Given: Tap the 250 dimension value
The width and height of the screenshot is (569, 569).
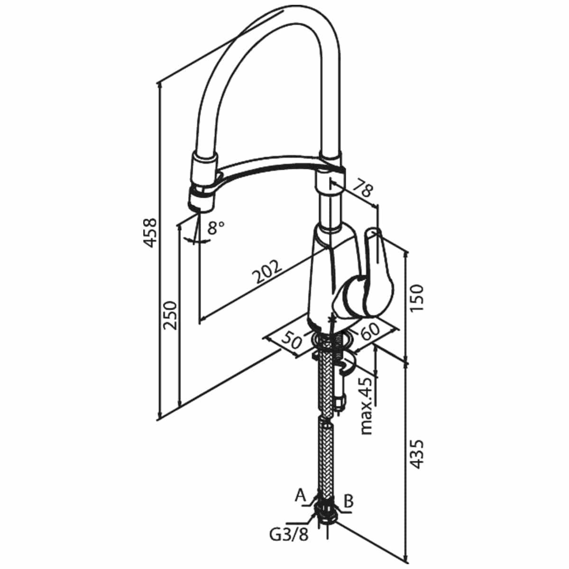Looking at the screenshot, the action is (x=170, y=315).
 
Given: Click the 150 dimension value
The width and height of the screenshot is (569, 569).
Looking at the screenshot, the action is (x=417, y=297).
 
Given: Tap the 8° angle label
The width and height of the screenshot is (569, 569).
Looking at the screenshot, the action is (x=216, y=228).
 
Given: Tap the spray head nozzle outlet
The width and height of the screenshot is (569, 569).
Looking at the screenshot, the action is (x=200, y=209).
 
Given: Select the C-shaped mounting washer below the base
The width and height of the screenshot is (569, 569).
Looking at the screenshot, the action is (x=349, y=366).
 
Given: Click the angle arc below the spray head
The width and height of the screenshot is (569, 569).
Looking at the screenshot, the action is (x=197, y=240).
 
